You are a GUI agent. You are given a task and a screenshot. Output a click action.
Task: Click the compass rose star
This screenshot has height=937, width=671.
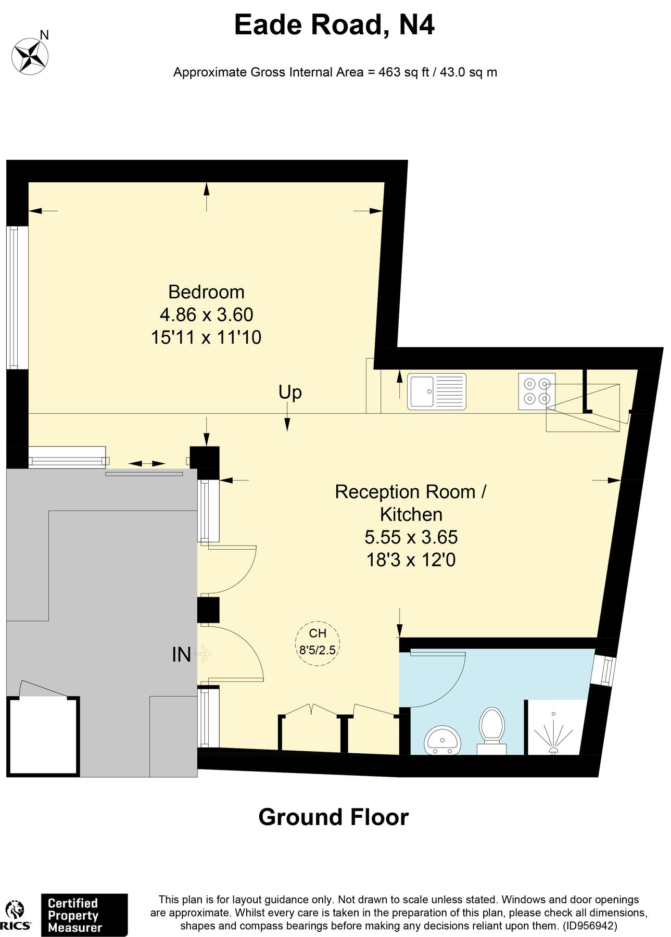pos(30,56)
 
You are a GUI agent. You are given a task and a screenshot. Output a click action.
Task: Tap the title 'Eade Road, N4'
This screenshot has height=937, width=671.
pos(334,24)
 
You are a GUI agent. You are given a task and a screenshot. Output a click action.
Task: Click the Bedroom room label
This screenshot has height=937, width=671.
pos(206,292)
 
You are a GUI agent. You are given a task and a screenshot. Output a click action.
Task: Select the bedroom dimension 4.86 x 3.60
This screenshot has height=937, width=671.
pos(206,314)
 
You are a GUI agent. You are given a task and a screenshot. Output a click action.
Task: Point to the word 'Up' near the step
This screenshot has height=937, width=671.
pos(290,392)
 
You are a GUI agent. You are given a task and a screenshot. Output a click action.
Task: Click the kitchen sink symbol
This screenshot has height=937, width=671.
pos(437,391)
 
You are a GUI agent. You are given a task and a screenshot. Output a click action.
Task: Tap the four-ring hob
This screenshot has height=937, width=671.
pos(537,391)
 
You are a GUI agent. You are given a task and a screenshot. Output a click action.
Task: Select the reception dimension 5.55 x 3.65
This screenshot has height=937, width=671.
pos(411,537)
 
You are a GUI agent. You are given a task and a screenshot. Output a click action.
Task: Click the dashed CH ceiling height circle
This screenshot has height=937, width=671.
pos(318,643)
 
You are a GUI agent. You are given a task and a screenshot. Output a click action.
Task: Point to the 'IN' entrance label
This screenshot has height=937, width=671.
pos(181,654)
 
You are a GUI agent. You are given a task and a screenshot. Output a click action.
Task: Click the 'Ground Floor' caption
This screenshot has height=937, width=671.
pos(334,817)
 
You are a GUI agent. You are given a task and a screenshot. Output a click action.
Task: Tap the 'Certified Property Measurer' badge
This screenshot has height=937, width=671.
pos(84,915)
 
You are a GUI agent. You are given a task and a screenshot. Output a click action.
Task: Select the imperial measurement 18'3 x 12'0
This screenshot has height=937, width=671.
pos(411,560)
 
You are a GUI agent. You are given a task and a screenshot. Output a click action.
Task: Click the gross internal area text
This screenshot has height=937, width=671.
pos(335,72)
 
